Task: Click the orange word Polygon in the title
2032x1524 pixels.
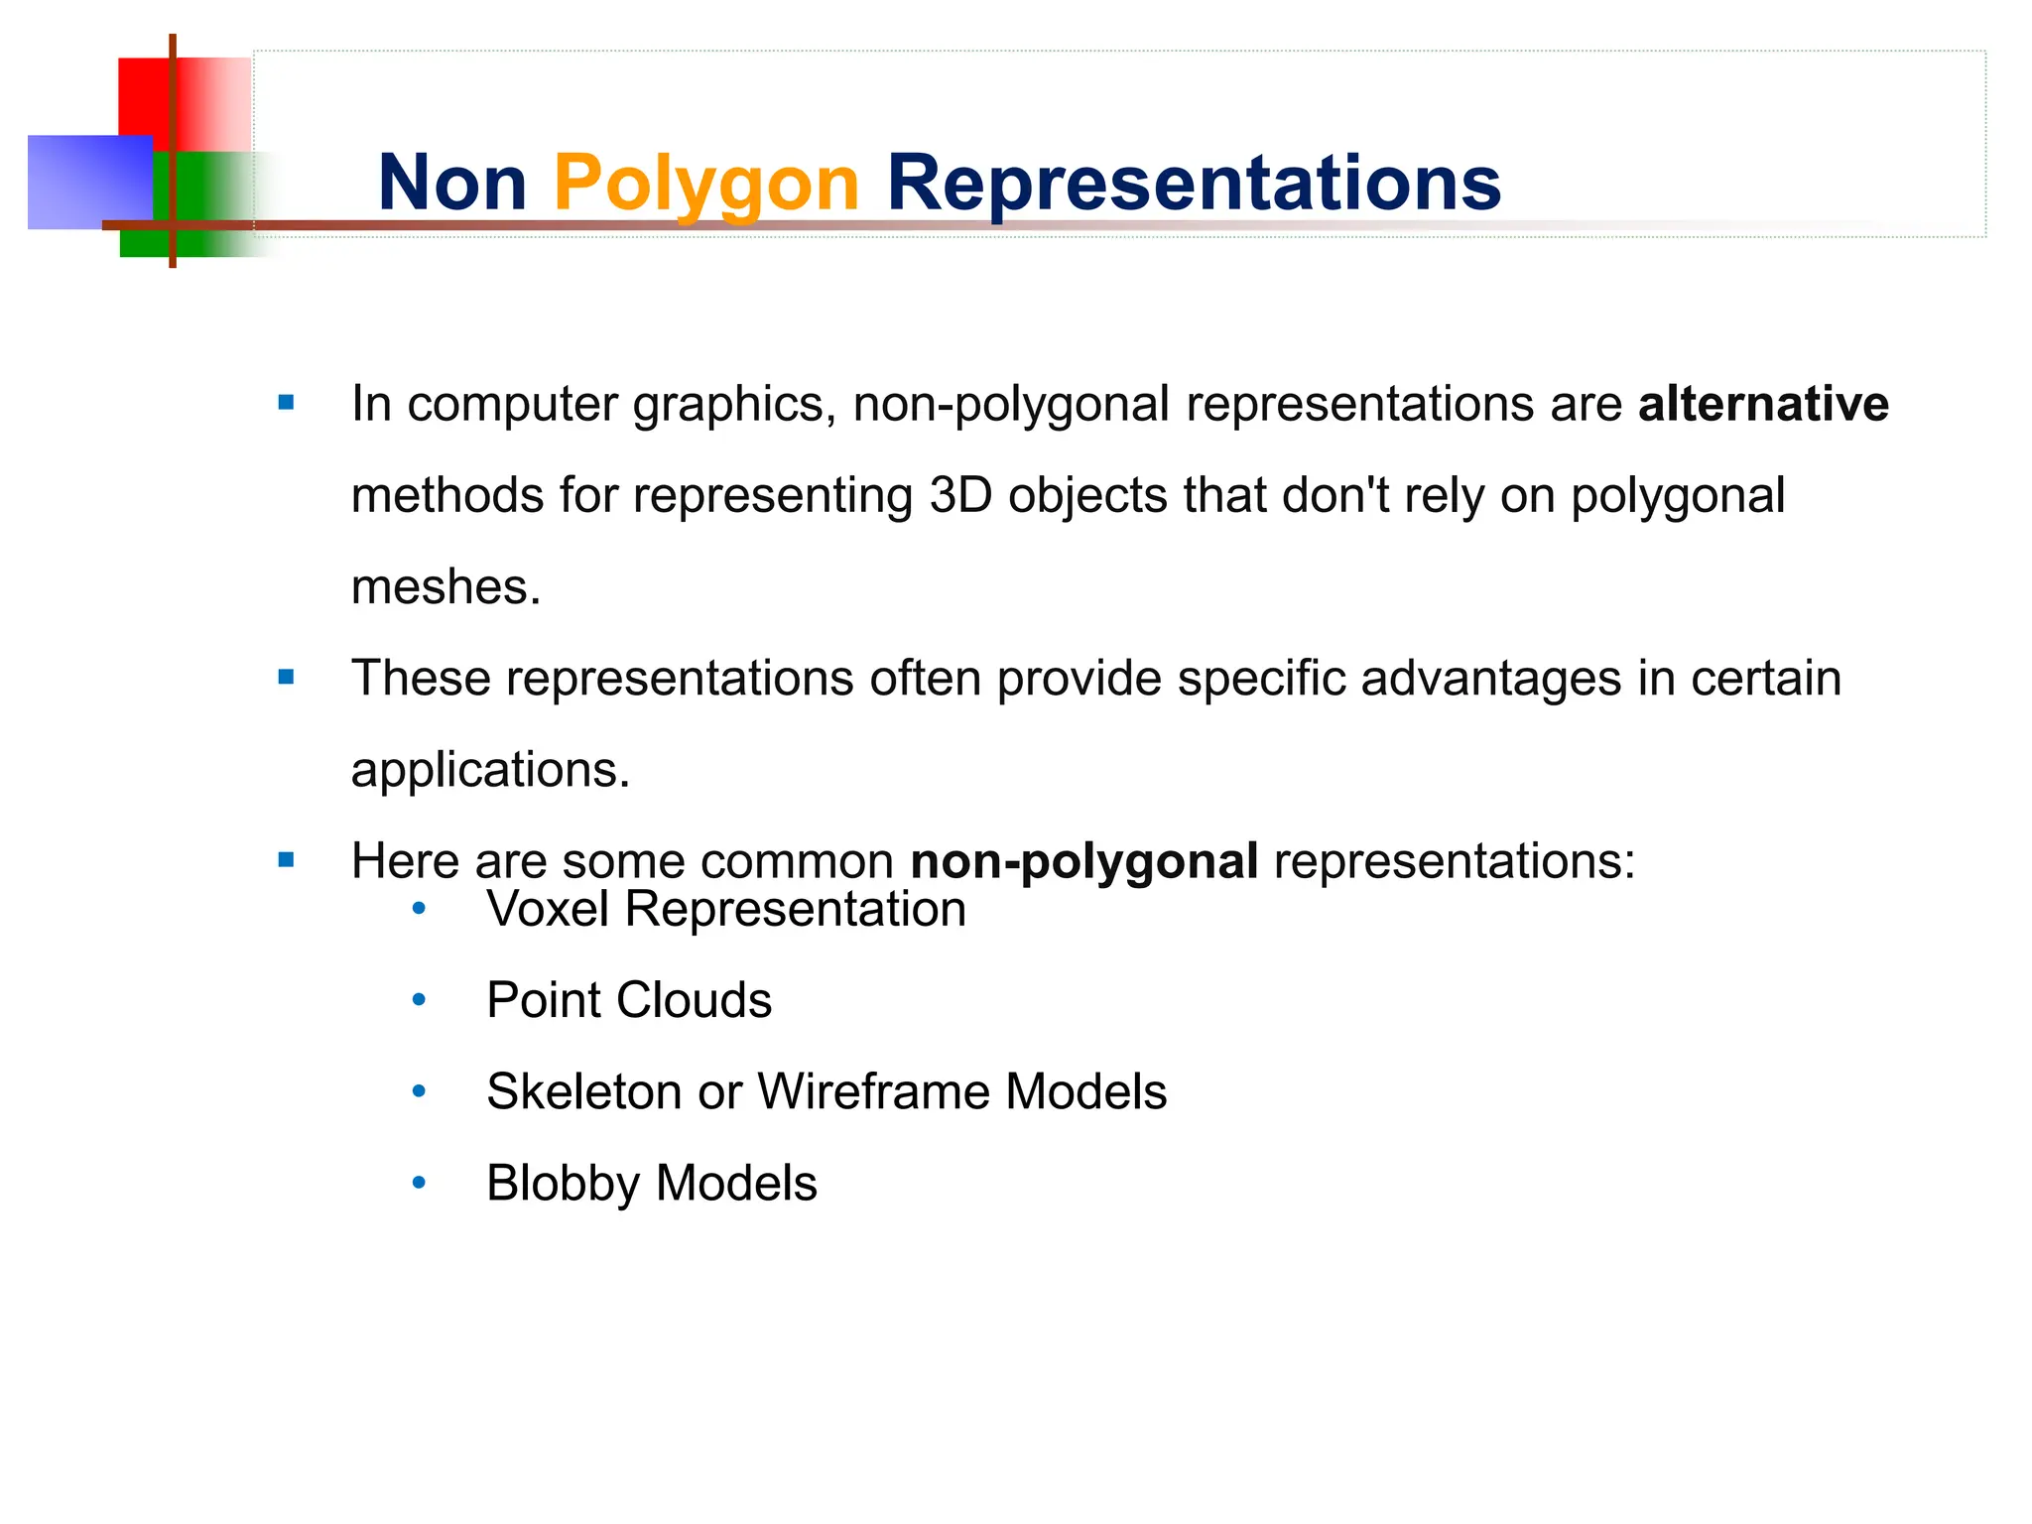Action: tap(705, 184)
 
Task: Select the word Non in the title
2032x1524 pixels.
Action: tap(452, 184)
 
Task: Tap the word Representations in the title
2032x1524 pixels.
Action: tap(1194, 184)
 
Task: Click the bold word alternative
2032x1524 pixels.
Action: tap(1763, 404)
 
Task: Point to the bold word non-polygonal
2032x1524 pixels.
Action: tap(1084, 860)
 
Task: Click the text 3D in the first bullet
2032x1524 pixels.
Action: tap(960, 495)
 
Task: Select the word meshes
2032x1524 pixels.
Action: tap(445, 586)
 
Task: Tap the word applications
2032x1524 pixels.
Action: tap(490, 769)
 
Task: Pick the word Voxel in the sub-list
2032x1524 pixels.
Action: tap(548, 909)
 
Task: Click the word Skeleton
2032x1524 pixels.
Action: tap(583, 1091)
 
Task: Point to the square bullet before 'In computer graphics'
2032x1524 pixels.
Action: tap(287, 403)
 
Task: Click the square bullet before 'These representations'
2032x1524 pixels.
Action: tap(287, 678)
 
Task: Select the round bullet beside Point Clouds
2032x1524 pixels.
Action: tap(419, 1000)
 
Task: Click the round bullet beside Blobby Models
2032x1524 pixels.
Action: tap(419, 1183)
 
